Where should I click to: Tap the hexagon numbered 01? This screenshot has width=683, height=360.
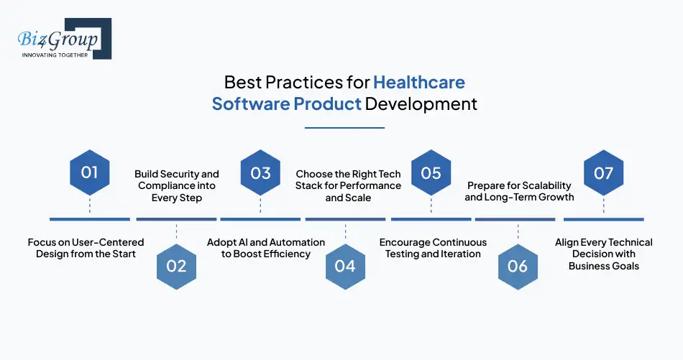pos(89,172)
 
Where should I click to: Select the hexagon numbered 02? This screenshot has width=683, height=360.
pos(176,266)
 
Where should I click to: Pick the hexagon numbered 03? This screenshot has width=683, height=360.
pos(260,172)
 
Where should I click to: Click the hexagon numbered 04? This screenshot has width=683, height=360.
pos(345,266)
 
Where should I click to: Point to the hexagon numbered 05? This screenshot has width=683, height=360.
pos(431,172)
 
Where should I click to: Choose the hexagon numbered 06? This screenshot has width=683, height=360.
pos(518,266)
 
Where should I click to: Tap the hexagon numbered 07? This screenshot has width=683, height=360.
pos(603,172)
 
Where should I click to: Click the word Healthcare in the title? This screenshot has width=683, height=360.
pos(419,81)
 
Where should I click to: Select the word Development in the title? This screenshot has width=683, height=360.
pos(421,103)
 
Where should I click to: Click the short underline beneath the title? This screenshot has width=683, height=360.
pos(344,128)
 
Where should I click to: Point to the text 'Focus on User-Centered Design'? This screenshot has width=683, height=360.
pos(86,248)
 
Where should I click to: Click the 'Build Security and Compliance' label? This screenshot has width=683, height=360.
pos(176,185)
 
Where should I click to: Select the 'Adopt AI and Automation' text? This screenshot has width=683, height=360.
pos(266,248)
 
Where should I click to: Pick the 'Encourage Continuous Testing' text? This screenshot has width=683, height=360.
pos(433,248)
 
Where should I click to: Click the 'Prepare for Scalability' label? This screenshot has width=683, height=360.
pos(519,191)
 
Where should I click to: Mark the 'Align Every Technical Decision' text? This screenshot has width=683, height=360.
pos(603,254)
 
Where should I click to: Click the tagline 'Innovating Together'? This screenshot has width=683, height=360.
pos(55,55)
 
